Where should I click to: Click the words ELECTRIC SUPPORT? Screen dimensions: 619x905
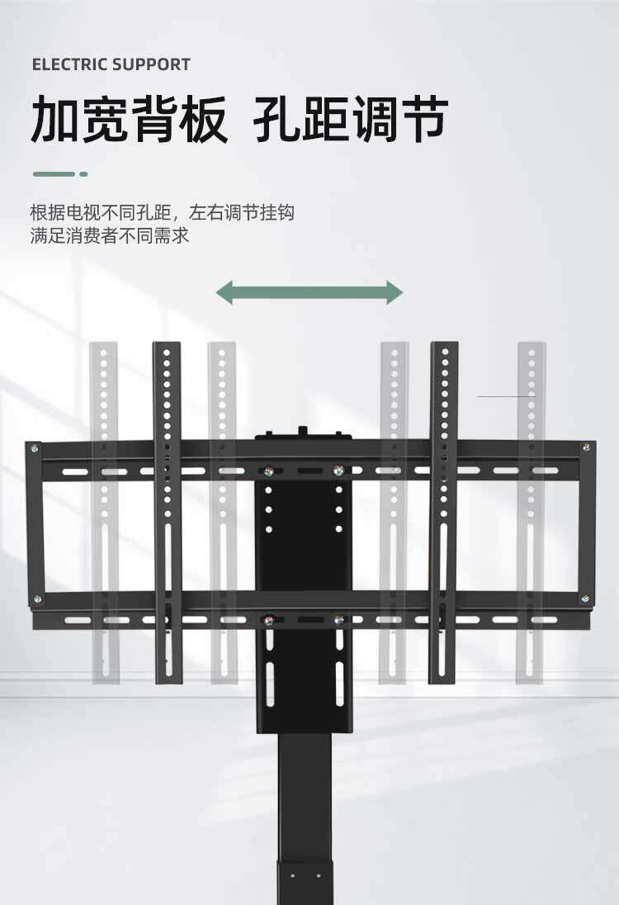pyautogui.click(x=111, y=64)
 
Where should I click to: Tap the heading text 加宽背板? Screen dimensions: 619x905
pyautogui.click(x=129, y=120)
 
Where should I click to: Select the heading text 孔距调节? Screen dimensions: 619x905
pyautogui.click(x=350, y=120)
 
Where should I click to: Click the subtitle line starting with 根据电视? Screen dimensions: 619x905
pyautogui.click(x=162, y=213)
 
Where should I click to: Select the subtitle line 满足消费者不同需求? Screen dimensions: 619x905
pyautogui.click(x=110, y=236)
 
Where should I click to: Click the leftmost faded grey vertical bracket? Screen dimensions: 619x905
pyautogui.click(x=104, y=512)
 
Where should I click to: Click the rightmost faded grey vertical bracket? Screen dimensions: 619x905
pyautogui.click(x=532, y=512)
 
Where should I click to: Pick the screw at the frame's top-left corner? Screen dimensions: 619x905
pyautogui.click(x=35, y=448)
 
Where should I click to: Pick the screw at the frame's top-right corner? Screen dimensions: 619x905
pyautogui.click(x=586, y=448)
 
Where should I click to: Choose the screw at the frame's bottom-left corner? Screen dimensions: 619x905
pyautogui.click(x=35, y=599)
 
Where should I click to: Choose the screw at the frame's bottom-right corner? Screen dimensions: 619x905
pyautogui.click(x=585, y=599)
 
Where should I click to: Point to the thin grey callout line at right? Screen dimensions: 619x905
pyautogui.click(x=506, y=397)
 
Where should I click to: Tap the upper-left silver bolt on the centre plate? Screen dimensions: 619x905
pyautogui.click(x=269, y=471)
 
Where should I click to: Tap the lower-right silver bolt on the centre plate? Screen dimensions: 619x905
pyautogui.click(x=338, y=618)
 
